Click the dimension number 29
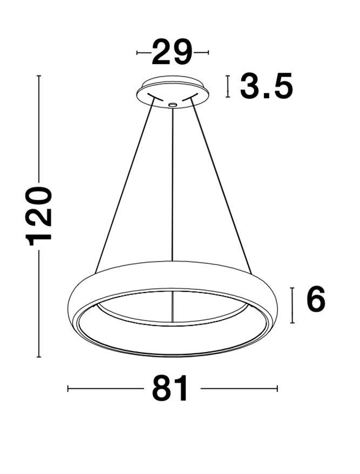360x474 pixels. (172, 52)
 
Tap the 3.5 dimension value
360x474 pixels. (266, 86)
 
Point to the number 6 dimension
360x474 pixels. (316, 300)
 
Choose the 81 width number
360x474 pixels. (171, 388)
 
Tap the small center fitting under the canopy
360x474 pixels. (172, 105)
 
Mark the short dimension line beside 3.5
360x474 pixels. (229, 86)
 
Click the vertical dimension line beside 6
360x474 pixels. (292, 305)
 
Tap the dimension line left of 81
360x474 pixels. (105, 388)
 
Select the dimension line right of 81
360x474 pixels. (239, 388)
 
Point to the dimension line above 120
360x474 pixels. (39, 129)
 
